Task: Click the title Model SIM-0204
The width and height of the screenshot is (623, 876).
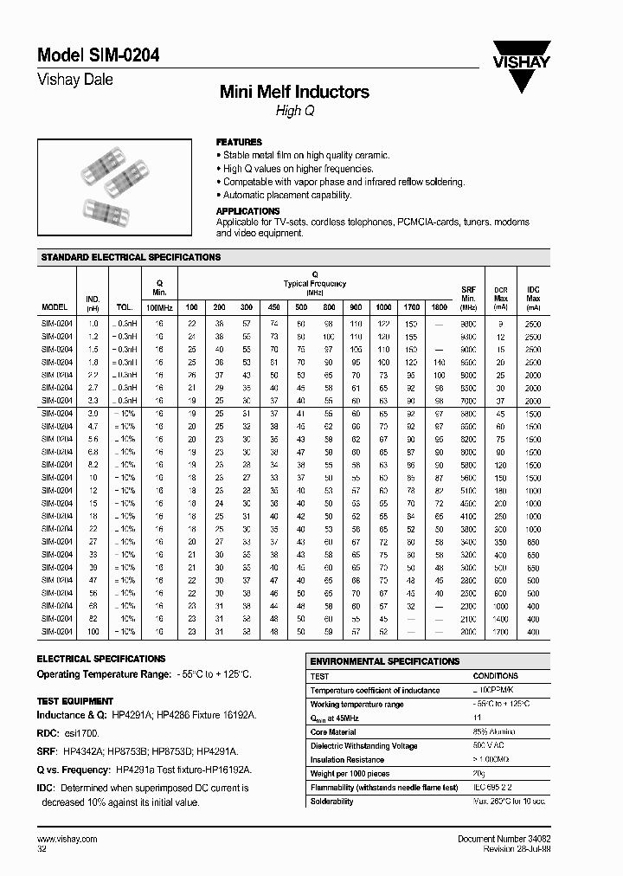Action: (x=98, y=55)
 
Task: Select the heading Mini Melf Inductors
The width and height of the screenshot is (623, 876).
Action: (x=294, y=92)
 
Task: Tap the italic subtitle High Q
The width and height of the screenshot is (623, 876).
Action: (x=289, y=111)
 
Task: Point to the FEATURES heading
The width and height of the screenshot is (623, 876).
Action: (x=239, y=142)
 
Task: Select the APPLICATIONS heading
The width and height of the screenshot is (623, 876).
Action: (x=247, y=211)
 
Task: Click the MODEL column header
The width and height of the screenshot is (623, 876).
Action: (x=55, y=307)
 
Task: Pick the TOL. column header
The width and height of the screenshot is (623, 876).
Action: (x=125, y=307)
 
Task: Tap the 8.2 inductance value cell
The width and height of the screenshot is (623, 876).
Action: (x=93, y=462)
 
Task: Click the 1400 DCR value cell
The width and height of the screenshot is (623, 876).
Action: (x=500, y=620)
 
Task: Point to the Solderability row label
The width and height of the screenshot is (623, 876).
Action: (x=332, y=802)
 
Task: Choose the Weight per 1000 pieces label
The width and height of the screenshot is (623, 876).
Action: (x=350, y=774)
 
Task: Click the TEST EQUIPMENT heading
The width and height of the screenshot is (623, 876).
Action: (x=75, y=701)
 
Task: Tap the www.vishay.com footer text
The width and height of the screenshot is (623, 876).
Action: (x=67, y=841)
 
